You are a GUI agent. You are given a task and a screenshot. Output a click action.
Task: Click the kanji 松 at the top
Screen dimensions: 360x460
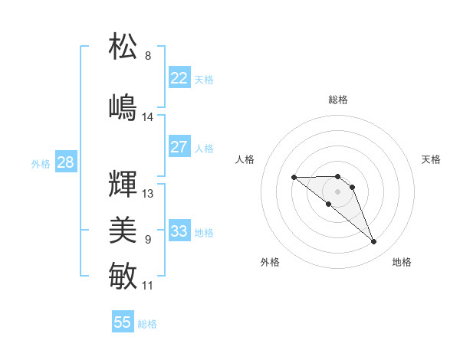[x=123, y=46]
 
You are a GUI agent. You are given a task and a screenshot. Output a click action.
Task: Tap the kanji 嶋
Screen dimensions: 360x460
[x=123, y=106]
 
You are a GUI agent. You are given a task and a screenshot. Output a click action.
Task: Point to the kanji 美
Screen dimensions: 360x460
[x=123, y=230]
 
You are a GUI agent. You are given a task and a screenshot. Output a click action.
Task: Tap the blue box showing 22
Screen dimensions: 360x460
[x=179, y=78]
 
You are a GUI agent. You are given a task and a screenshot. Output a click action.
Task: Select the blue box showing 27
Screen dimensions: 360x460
[x=179, y=147]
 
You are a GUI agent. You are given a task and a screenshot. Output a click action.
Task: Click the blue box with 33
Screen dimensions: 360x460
[x=179, y=231]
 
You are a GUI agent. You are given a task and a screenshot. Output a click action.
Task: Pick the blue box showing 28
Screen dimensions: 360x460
[x=65, y=162]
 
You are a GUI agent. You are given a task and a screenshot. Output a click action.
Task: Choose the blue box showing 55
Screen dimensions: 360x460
[x=123, y=322]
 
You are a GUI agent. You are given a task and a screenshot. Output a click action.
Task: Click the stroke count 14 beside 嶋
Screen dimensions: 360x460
[x=148, y=117]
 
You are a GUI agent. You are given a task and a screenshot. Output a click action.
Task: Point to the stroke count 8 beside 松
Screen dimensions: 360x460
[x=148, y=56]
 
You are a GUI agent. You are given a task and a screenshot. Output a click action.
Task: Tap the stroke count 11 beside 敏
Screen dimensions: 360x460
[x=148, y=286]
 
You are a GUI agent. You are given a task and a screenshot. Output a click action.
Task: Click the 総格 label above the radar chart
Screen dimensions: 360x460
[x=338, y=100]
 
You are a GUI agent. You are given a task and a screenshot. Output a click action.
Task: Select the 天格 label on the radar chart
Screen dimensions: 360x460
[x=431, y=159]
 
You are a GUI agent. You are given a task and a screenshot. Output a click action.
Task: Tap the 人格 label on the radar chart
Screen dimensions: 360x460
[x=245, y=159]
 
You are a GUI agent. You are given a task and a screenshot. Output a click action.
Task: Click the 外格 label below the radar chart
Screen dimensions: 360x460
[x=270, y=262]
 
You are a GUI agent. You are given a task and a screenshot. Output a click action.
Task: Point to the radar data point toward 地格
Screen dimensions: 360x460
[x=374, y=242]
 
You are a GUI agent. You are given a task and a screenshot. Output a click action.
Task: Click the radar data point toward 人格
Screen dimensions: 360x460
[x=294, y=177]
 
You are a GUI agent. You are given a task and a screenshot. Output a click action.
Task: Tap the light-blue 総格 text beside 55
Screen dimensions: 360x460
[x=147, y=324]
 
